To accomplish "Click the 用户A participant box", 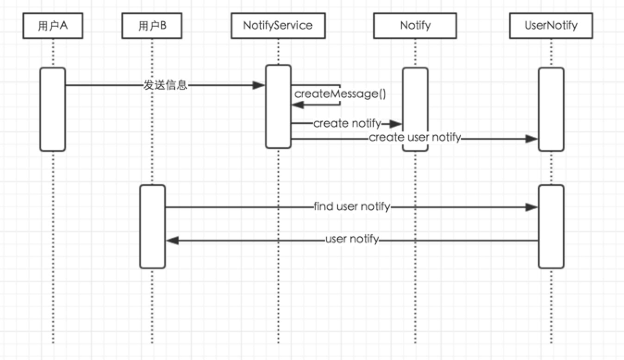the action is point(53,25).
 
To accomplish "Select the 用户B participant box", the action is point(152,25).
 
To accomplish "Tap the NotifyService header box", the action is point(278,25).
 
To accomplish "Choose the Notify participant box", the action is point(415,25).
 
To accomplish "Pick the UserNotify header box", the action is point(551,25).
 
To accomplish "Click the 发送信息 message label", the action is point(165,85).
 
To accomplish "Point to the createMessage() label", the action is point(340,94).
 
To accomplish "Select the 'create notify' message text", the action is point(347,124).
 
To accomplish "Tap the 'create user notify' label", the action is point(415,137).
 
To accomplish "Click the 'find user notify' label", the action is point(352,206).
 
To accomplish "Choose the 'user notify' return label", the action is point(352,239).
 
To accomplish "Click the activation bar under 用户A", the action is point(53,109).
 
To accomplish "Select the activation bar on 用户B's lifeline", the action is point(152,227).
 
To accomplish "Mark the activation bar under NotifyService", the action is point(278,106).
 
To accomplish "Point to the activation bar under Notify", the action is point(415,109).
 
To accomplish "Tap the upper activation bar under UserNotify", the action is point(551,109).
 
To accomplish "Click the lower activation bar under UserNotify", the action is point(551,227).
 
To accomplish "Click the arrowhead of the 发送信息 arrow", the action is point(258,85).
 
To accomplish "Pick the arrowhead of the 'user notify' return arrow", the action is point(173,240).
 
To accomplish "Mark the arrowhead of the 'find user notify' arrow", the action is point(531,207).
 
